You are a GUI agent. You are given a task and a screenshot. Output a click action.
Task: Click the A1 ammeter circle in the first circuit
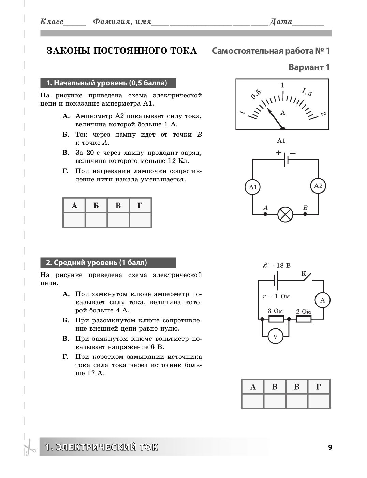pos(253,187)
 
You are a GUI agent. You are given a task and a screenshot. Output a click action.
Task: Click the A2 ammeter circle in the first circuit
pos(318,186)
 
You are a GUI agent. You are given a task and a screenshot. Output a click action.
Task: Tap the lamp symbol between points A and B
pos(285,214)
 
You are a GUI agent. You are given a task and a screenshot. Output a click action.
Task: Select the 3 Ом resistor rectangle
pos(276,319)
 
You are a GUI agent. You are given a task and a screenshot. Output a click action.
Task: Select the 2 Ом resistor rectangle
pos(303,319)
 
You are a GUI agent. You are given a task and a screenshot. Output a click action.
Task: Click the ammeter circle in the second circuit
pos(323,300)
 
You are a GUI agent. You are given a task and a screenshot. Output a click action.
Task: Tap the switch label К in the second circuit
pos(304,273)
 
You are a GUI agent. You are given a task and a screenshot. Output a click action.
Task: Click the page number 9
pos(329,447)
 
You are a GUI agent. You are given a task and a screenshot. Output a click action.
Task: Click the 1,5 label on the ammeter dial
pos(306,92)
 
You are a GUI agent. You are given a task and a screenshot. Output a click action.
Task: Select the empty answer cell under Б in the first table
pos(96,220)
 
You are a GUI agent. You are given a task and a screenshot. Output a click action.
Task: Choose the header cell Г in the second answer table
pos(319,387)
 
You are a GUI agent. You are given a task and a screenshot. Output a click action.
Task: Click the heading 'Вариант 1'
pos(309,67)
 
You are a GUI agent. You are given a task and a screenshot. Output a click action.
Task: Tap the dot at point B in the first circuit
pos(305,214)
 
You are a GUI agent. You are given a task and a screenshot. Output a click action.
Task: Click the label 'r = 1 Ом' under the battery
pos(276,296)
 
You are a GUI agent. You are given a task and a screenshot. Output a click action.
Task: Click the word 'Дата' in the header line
pos(281,22)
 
